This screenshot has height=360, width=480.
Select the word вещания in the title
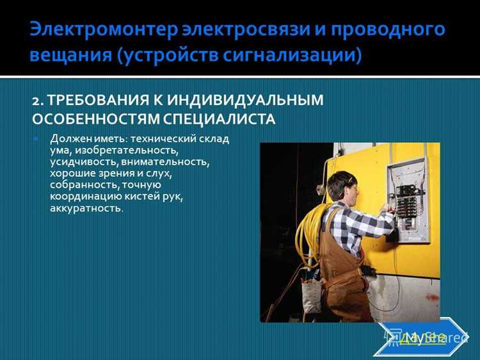click(68, 55)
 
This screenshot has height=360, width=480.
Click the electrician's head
click(340, 186)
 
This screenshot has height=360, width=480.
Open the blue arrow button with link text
click(423, 336)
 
